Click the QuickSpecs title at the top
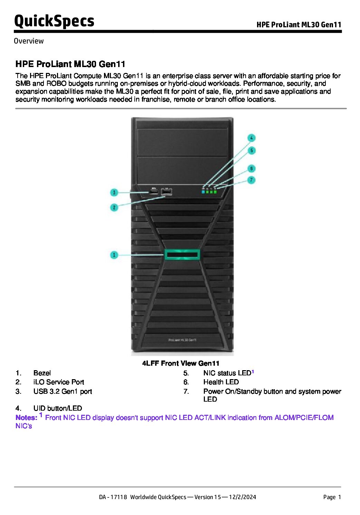tap(54, 21)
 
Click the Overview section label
tap(29, 41)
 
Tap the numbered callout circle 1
tap(114, 255)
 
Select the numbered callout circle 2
tap(114, 207)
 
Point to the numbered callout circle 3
tap(114, 192)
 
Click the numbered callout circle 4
tap(252, 138)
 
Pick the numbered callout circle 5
tap(252, 150)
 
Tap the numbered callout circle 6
tap(252, 169)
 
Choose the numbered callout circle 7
tap(252, 180)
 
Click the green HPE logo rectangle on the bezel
tap(182, 255)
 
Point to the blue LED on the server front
tap(203, 191)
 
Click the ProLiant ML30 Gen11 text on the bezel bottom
tap(182, 340)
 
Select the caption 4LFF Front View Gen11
tap(181, 363)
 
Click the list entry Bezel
tap(42, 373)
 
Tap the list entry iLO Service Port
tap(59, 382)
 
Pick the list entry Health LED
tap(221, 382)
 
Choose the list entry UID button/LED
tap(58, 408)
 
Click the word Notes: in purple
tap(26, 418)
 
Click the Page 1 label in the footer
tap(332, 497)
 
